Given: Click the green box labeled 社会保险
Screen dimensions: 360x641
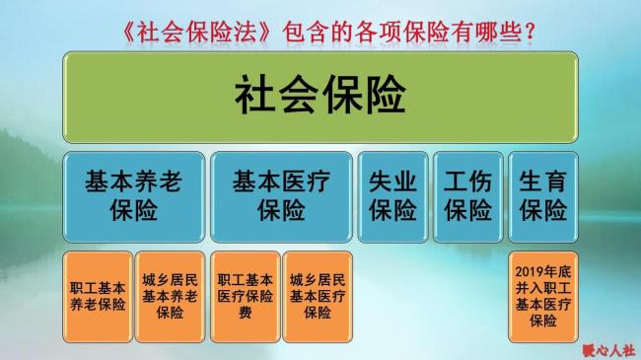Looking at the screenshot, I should [x=320, y=96].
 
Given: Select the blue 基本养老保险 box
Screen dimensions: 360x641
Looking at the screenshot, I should [x=132, y=196].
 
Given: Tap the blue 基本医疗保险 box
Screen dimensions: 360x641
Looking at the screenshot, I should [x=280, y=196].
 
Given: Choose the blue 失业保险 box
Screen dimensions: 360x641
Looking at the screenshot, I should [x=392, y=196].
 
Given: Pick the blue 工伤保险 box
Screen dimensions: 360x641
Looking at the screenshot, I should [x=467, y=196].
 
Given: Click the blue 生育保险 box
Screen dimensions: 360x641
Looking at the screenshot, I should [x=542, y=196].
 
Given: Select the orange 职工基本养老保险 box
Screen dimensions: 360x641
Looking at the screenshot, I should [x=97, y=296].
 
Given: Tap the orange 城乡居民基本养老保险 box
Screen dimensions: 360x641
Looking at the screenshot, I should [x=170, y=296].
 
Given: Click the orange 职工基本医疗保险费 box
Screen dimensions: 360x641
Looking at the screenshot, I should [x=245, y=296].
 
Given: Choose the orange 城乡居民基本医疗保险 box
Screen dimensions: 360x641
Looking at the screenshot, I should [x=318, y=296].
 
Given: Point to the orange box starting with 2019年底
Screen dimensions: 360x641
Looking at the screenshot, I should [x=542, y=296].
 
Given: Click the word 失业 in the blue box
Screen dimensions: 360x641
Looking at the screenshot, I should [x=392, y=181].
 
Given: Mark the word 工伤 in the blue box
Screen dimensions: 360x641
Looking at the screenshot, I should [x=467, y=181].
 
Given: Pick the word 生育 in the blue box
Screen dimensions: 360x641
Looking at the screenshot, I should [x=542, y=181].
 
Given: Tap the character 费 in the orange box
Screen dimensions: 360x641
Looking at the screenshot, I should [x=245, y=312].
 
